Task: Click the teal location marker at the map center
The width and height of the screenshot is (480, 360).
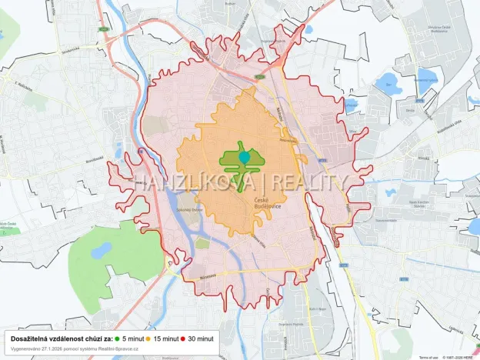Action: (245, 157)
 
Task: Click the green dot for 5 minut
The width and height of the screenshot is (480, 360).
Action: (118, 338)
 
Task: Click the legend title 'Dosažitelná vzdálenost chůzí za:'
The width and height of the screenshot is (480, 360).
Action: (59, 338)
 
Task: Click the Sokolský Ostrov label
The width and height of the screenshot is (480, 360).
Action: (188, 209)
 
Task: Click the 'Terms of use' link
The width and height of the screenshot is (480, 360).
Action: (428, 357)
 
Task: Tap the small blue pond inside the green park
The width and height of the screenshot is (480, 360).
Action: (101, 251)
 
